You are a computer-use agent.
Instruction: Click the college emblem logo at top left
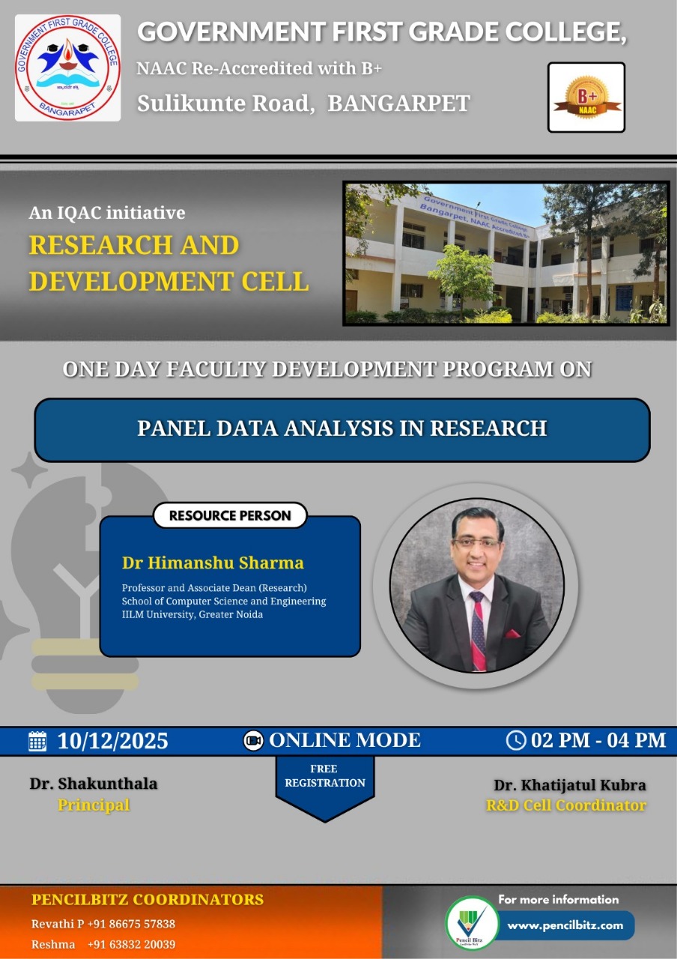[x=67, y=67]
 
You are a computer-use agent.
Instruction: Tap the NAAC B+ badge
[x=586, y=97]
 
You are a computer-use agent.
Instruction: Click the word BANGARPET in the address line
[x=399, y=103]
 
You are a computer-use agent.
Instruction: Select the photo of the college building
[x=506, y=253]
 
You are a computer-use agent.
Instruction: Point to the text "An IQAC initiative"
[x=107, y=213]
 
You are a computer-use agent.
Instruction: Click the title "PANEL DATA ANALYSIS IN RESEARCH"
[x=341, y=429]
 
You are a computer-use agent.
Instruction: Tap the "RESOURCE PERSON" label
[x=230, y=515]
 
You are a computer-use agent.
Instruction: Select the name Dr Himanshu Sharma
[x=213, y=563]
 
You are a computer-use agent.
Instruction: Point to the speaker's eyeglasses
[x=477, y=542]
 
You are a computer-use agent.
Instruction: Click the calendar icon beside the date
[x=37, y=741]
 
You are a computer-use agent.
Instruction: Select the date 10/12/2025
[x=112, y=741]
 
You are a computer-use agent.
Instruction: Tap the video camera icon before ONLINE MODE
[x=254, y=741]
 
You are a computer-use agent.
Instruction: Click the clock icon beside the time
[x=516, y=740]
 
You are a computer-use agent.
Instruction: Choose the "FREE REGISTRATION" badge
[x=324, y=776]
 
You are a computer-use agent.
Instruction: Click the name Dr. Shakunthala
[x=94, y=784]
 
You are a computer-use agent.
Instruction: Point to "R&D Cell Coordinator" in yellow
[x=565, y=805]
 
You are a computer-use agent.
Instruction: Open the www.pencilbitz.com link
[x=565, y=925]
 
